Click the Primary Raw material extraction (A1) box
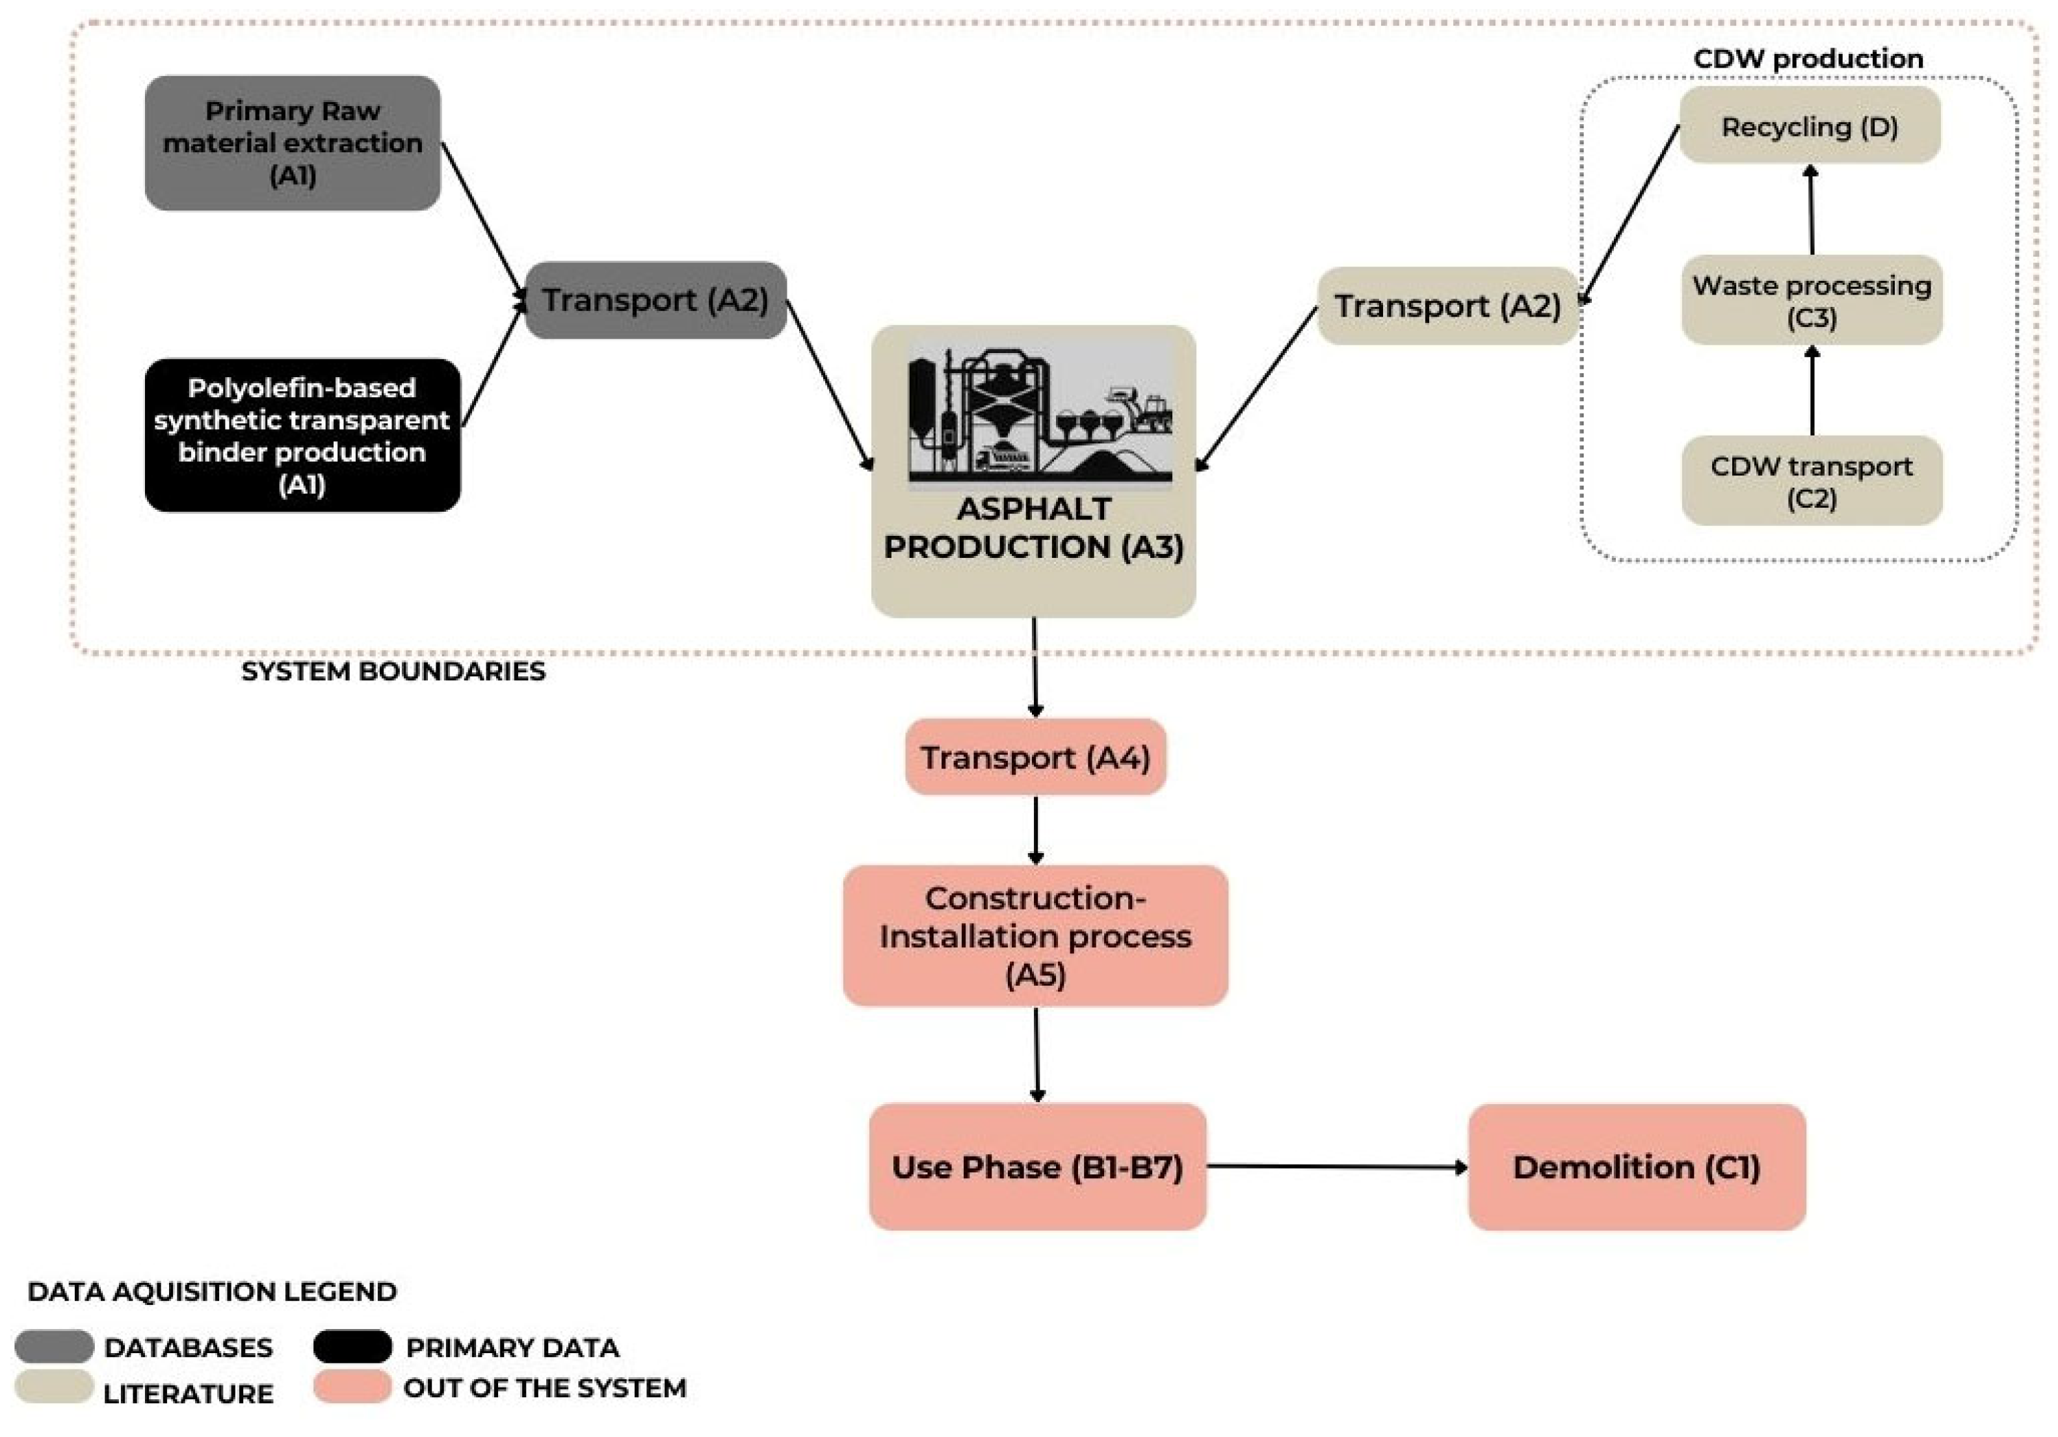point(292,144)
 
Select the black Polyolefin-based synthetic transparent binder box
point(302,436)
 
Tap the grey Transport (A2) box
point(655,300)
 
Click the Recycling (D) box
point(1809,126)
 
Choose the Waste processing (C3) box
point(1811,300)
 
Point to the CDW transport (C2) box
point(1811,481)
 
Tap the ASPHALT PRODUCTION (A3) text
point(1033,528)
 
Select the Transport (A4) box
point(1035,758)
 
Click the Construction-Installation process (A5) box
point(1035,936)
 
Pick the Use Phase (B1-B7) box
point(1037,1167)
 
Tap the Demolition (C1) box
point(1636,1167)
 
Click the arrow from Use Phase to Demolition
point(1336,1167)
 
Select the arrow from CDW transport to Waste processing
point(1812,391)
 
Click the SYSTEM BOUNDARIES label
point(393,672)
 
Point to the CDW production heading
point(1807,59)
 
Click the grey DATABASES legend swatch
point(54,1347)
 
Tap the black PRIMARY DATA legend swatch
point(352,1347)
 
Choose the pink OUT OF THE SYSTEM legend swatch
point(352,1387)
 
